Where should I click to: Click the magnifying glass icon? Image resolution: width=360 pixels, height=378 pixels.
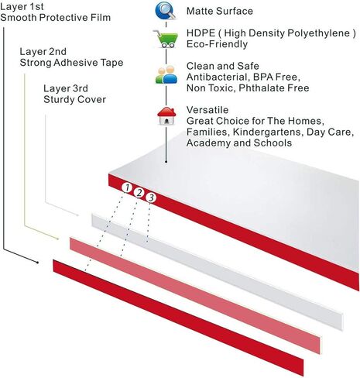click(x=166, y=11)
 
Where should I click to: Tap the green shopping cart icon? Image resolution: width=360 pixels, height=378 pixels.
click(x=166, y=39)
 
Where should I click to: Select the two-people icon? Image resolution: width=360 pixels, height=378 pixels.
click(x=166, y=74)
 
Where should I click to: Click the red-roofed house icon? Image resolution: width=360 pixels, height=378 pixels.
click(x=166, y=116)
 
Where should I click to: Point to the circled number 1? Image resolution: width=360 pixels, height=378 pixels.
click(x=127, y=188)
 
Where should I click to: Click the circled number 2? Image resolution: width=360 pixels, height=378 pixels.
click(x=139, y=193)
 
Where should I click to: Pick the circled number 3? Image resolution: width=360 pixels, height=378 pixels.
click(x=151, y=198)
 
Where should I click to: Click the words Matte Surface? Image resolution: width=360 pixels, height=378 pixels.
click(x=220, y=11)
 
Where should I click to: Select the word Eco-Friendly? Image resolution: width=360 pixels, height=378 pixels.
click(x=217, y=44)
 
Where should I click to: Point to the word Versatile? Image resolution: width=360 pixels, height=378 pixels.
click(x=207, y=110)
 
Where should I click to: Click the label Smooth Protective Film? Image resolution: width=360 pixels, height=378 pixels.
click(x=56, y=18)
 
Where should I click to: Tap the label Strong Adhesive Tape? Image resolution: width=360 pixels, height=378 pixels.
click(x=71, y=63)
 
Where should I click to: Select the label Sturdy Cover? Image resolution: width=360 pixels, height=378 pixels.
click(x=75, y=100)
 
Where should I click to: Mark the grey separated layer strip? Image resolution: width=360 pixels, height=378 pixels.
click(x=218, y=272)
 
